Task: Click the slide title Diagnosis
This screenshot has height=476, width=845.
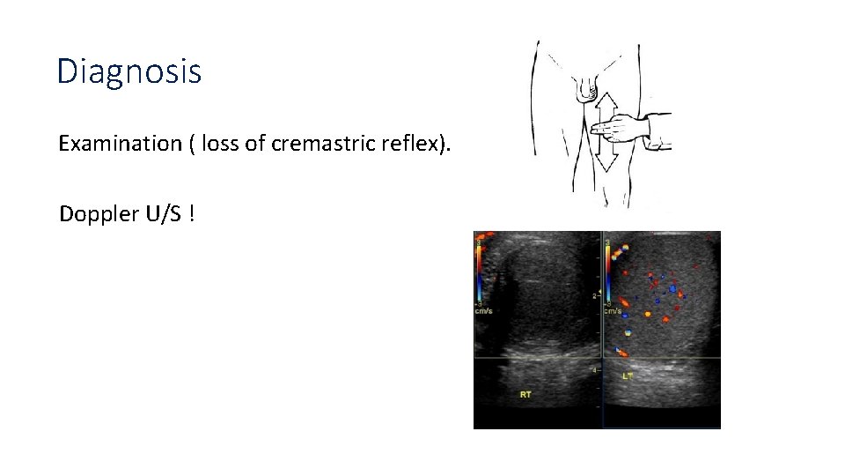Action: click(129, 71)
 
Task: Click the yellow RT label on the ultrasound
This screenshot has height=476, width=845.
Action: click(525, 395)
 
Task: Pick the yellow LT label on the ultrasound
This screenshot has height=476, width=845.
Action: click(628, 376)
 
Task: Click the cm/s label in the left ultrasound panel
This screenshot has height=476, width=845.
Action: click(482, 310)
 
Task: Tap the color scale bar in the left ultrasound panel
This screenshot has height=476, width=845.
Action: click(480, 269)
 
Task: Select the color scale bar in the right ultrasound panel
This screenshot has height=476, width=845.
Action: click(607, 269)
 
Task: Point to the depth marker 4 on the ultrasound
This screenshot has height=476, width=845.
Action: click(595, 371)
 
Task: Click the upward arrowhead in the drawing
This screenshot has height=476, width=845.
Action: click(606, 101)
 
